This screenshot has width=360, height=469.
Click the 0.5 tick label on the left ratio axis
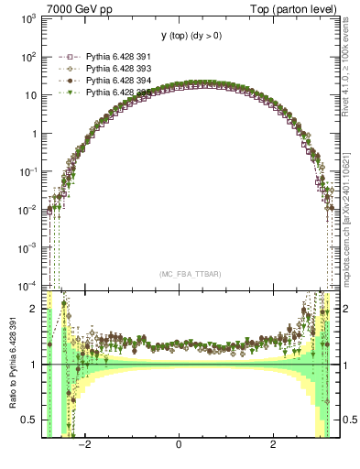pyautogui.click(x=29, y=420)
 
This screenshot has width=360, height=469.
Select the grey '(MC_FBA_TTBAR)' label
pyautogui.click(x=180, y=275)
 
